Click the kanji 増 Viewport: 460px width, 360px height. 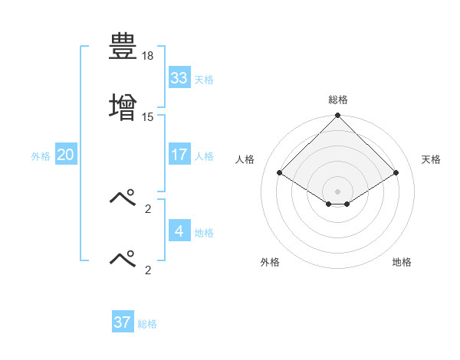coord(123,106)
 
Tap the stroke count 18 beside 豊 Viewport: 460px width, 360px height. coord(148,57)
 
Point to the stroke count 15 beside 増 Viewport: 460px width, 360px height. coord(148,116)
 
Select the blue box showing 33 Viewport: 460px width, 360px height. coord(179,78)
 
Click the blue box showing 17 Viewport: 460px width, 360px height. coord(179,155)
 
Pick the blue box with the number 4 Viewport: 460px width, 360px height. coord(179,231)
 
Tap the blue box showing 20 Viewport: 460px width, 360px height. coord(65,155)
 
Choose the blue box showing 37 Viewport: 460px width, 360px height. coord(122,322)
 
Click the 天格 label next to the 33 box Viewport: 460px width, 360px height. coord(203,79)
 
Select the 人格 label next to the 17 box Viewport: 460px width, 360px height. coord(203,155)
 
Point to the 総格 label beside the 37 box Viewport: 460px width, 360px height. coord(147,323)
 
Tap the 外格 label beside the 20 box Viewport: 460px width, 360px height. coord(41,155)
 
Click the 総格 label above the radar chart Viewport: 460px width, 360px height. coord(338,100)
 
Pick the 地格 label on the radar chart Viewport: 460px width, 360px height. coord(402,262)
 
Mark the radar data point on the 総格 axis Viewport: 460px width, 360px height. coord(338,116)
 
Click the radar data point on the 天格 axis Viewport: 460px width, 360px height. coord(396,172)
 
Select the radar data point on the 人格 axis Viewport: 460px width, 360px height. coord(280,172)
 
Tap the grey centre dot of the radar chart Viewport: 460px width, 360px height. coord(338,191)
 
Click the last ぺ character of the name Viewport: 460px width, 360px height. coord(123,258)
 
